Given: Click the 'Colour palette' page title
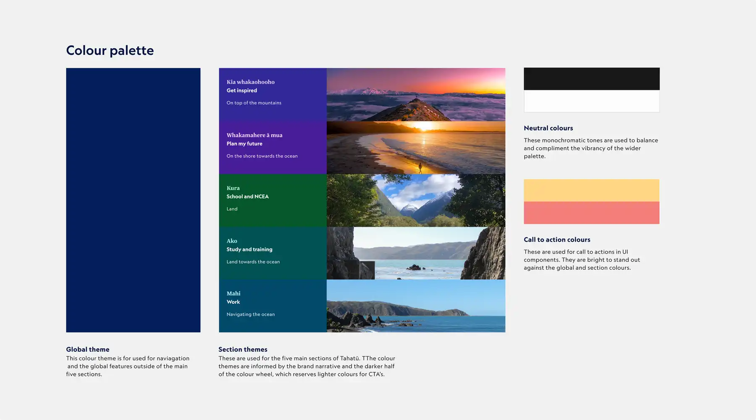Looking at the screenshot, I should [110, 50].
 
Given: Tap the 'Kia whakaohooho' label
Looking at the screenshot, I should [250, 82].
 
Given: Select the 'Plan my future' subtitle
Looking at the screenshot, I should [244, 143].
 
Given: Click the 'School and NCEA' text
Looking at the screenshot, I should [247, 196].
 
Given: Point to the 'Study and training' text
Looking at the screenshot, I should [249, 249].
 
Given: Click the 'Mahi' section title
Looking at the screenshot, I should [234, 293].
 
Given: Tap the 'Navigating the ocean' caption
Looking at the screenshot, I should [250, 314].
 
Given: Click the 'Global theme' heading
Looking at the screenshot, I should [87, 349].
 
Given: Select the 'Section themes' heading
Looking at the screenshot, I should [243, 349].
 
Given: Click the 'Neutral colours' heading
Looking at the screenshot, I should [548, 128].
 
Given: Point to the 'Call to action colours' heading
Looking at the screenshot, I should [557, 240].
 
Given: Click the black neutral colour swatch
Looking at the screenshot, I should [591, 79].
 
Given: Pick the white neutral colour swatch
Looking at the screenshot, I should [591, 101].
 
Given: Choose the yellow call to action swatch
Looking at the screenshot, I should [591, 190].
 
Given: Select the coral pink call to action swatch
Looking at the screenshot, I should [591, 213].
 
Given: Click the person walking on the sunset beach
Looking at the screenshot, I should [420, 168].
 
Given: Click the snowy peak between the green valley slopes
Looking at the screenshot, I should [408, 207].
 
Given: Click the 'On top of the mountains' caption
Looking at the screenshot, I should [254, 103].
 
